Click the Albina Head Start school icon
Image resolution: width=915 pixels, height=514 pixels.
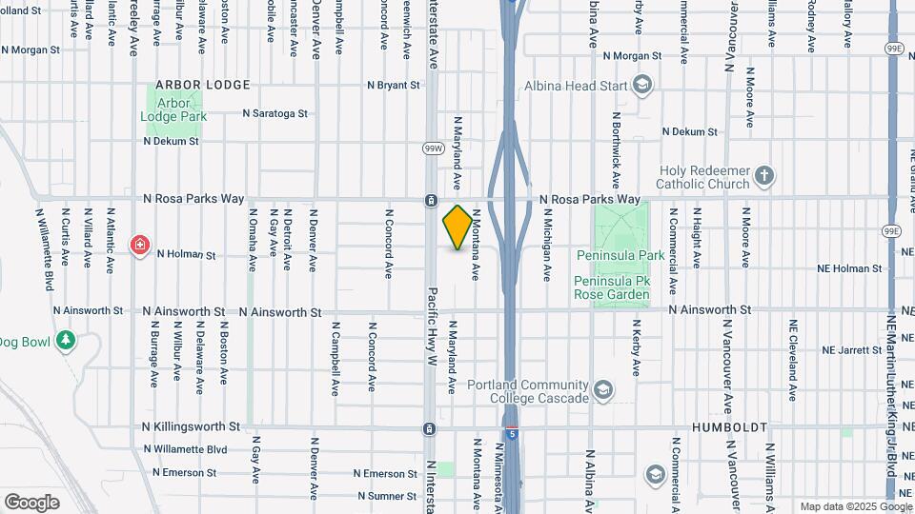click(x=642, y=87)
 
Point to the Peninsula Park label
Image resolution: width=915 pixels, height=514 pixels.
click(x=620, y=255)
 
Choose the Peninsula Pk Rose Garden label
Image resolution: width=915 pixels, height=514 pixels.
click(x=611, y=287)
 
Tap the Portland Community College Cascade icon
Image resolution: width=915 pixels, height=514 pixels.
click(x=602, y=390)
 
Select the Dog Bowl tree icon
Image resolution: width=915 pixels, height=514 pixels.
click(x=65, y=340)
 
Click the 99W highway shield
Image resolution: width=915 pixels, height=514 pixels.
click(x=434, y=148)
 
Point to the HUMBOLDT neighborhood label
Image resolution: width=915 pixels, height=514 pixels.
click(x=730, y=427)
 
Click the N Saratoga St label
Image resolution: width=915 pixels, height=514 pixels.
click(x=275, y=112)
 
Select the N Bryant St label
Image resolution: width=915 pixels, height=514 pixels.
click(x=394, y=85)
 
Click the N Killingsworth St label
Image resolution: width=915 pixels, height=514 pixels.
click(x=191, y=427)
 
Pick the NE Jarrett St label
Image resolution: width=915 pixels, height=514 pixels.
click(x=853, y=349)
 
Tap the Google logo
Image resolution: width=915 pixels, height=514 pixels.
click(x=32, y=502)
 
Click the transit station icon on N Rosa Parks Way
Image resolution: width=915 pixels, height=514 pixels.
click(x=431, y=201)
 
